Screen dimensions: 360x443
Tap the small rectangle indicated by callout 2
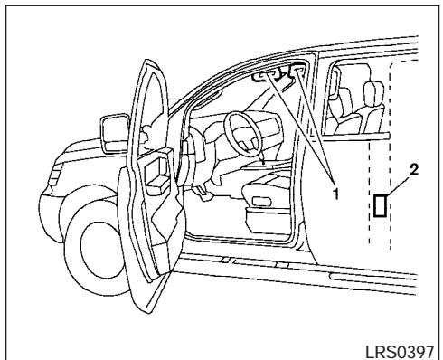[382, 206]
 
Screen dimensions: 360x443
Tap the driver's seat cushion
[272, 194]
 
